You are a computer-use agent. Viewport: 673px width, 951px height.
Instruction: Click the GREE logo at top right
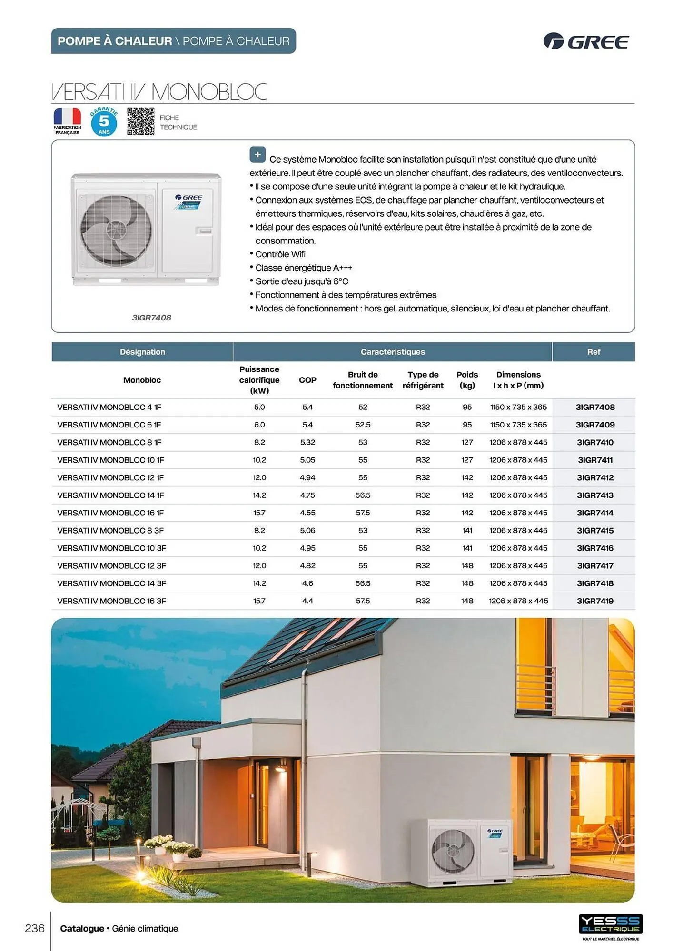(586, 41)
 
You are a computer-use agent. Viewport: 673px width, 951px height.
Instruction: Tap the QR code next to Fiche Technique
(140, 122)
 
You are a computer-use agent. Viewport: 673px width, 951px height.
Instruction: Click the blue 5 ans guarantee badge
(104, 122)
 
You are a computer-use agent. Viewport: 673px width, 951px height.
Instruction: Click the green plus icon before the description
(257, 155)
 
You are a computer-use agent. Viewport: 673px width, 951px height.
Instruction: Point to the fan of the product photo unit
(116, 230)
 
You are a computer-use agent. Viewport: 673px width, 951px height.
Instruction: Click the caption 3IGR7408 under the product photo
(151, 318)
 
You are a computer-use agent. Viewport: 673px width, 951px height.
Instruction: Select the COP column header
(307, 380)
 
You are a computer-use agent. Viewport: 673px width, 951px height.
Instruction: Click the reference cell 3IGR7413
(595, 495)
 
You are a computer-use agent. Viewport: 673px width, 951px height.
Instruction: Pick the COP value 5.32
(307, 442)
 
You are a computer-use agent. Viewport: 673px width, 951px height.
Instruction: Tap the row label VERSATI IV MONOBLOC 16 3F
(111, 601)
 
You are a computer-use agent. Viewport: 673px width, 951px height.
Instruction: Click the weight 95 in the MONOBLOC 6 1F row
(467, 425)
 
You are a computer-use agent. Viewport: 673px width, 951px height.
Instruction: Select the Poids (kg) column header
(467, 380)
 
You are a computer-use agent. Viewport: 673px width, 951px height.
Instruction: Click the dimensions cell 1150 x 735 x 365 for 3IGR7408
(518, 407)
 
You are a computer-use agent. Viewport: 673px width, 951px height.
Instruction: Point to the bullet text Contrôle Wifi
(280, 254)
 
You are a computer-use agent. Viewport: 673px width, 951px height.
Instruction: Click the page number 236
(35, 928)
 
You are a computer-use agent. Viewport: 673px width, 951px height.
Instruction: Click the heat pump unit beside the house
(469, 852)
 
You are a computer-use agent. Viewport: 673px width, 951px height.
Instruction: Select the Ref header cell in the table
(594, 352)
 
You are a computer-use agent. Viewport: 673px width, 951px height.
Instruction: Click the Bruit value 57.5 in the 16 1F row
(363, 513)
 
